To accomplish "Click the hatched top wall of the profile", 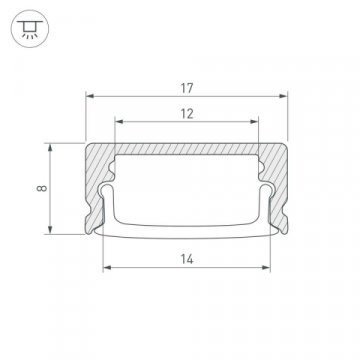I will click(x=187, y=151).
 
